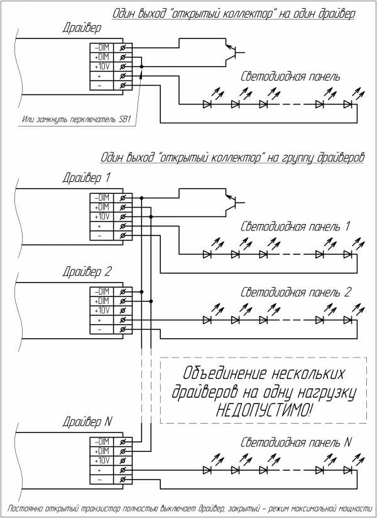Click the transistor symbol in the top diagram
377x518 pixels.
tap(233, 52)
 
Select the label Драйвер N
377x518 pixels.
tap(87, 421)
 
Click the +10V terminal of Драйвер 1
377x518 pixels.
tap(101, 216)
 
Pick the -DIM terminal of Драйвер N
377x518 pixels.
tap(101, 441)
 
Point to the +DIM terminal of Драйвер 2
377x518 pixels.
tap(101, 301)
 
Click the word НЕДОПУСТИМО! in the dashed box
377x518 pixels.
tap(263, 410)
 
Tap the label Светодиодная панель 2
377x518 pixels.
tap(296, 293)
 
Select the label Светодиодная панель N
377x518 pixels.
tap(296, 442)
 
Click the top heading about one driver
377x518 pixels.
tap(234, 14)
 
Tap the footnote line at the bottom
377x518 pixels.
tap(188, 507)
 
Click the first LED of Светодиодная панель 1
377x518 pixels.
tap(207, 254)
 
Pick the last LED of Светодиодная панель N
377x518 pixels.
tap(347, 470)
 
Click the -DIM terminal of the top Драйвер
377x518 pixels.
tap(101, 47)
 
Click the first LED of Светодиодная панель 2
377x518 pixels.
tap(207, 320)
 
